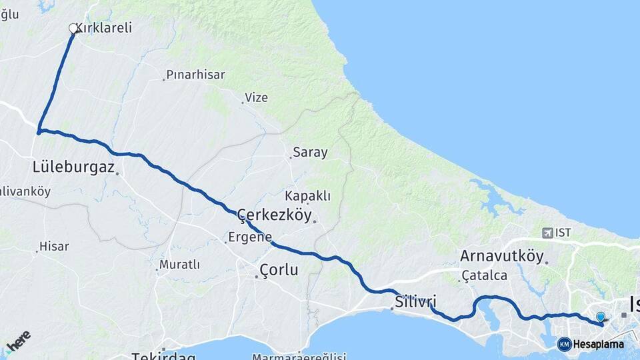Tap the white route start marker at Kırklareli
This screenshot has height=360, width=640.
click(x=73, y=29)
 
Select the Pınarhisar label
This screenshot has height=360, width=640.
click(x=195, y=75)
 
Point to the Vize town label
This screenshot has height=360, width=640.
click(x=256, y=97)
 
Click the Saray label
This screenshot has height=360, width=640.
click(x=311, y=153)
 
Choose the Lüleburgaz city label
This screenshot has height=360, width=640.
click(x=73, y=167)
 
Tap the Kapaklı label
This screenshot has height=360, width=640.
click(x=307, y=196)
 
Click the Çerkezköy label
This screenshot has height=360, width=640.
click(x=275, y=215)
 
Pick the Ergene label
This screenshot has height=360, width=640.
click(x=250, y=237)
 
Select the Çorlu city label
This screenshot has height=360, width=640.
click(x=278, y=270)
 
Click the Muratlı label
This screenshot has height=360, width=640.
click(x=179, y=265)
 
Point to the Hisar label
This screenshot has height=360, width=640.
click(x=54, y=246)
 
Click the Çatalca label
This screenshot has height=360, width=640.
click(x=486, y=275)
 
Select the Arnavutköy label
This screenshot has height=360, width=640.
click(x=501, y=255)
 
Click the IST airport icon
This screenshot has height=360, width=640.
click(x=548, y=233)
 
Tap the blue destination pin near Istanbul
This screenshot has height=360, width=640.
click(x=601, y=317)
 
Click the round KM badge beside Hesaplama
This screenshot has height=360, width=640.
click(x=564, y=344)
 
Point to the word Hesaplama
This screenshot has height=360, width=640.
click(x=599, y=344)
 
